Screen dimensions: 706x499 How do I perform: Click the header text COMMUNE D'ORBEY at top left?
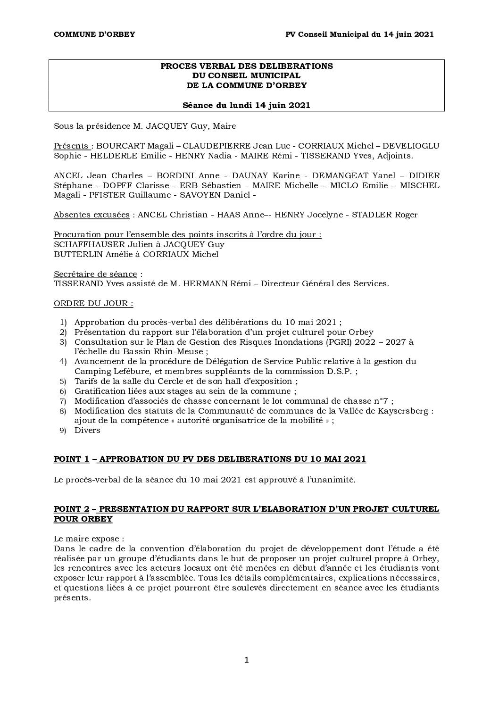(94, 34)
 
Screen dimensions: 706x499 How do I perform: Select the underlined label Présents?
(71, 146)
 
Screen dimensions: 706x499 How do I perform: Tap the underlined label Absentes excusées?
(91, 215)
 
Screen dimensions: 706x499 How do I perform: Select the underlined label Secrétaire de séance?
(95, 274)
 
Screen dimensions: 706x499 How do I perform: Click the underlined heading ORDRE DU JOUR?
(93, 303)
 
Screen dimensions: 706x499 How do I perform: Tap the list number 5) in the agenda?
(63, 382)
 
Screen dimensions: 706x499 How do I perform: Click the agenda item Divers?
(87, 430)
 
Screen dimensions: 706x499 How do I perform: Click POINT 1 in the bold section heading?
(72, 459)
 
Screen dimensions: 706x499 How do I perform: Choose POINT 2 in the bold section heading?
(72, 509)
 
